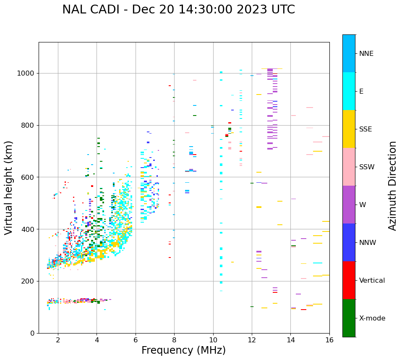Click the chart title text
[178, 10]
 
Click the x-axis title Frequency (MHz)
[183, 350]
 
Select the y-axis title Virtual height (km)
[9, 188]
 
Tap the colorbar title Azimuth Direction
[392, 186]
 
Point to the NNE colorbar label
[366, 54]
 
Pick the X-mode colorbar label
[372, 318]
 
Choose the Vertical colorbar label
[371, 281]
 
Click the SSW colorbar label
[367, 167]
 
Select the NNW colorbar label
[368, 243]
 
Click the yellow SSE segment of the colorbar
[349, 129]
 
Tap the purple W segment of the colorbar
[349, 205]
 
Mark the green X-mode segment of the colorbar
[349, 318]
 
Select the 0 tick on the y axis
[32, 333]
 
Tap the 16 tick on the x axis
[329, 339]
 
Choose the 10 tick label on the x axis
[213, 339]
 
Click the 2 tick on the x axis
[58, 339]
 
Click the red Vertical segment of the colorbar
[349, 280]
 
